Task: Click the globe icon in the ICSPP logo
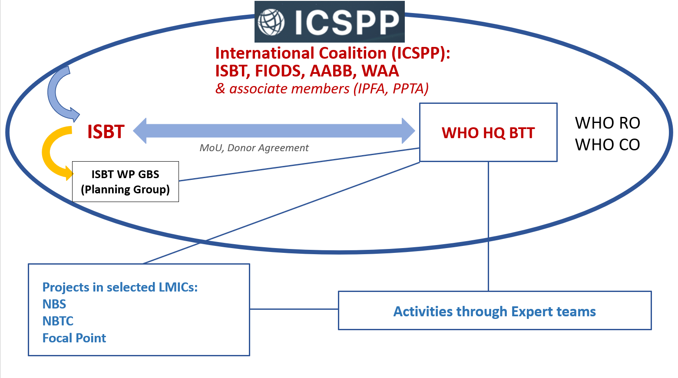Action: click(271, 22)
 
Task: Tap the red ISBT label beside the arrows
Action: click(106, 132)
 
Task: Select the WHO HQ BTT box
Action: click(488, 133)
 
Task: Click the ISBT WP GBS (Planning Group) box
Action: click(125, 182)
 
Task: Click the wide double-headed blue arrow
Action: click(274, 130)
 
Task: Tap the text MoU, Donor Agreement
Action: click(254, 148)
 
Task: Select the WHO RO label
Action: click(607, 123)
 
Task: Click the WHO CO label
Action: click(607, 145)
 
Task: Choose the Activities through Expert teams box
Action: click(494, 311)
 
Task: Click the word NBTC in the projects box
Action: click(58, 321)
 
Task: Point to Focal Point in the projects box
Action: click(74, 338)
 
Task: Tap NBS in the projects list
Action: click(54, 304)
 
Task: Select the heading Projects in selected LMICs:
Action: click(120, 287)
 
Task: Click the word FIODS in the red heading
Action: click(278, 71)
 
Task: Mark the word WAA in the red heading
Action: click(380, 71)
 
